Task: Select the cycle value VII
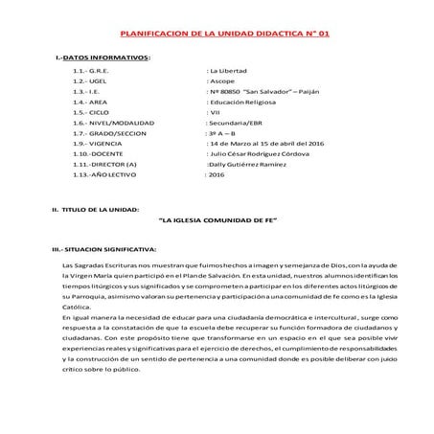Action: [217, 111]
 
